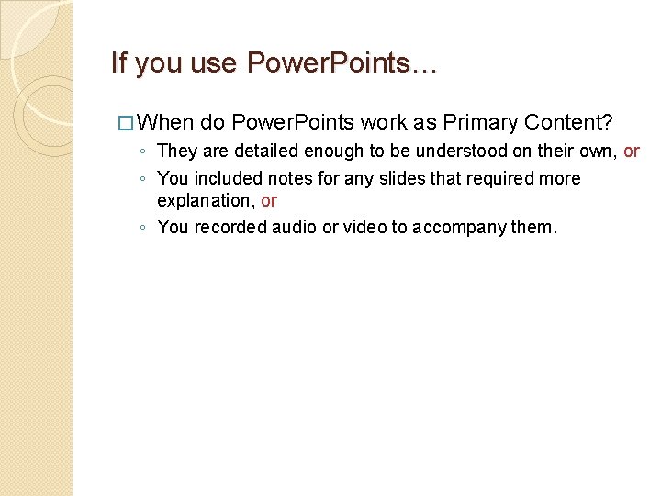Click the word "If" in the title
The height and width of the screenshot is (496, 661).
point(118,63)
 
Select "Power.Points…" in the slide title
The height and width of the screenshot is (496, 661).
point(342,63)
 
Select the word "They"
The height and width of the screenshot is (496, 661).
point(177,151)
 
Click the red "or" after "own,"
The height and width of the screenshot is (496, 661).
point(632,151)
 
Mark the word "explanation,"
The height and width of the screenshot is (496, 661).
point(206,200)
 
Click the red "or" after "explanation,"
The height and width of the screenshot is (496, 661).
point(269,200)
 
